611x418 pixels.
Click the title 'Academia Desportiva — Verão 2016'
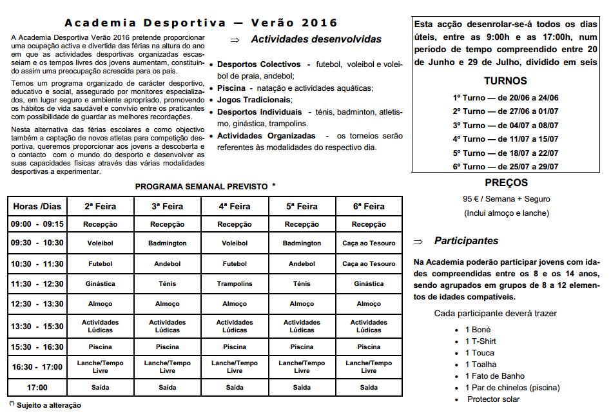tap(201, 23)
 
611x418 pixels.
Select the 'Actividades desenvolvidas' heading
tap(316, 39)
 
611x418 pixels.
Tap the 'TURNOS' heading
tap(505, 81)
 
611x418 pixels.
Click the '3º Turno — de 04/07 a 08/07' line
tap(505, 126)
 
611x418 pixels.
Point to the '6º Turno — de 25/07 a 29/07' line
tap(505, 166)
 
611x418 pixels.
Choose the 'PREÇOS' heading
tap(505, 183)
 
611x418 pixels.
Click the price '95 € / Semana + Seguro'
tap(505, 199)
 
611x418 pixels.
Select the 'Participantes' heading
tap(466, 241)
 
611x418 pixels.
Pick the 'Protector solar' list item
tap(493, 399)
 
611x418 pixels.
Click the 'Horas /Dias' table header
tap(37, 207)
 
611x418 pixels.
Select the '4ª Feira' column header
tap(235, 207)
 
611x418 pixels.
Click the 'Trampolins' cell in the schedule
tap(235, 284)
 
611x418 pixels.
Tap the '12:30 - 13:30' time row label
tap(37, 304)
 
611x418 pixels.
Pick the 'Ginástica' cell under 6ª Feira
tap(369, 284)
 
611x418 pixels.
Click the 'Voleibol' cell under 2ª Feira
tap(101, 243)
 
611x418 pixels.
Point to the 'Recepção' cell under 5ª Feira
tap(302, 225)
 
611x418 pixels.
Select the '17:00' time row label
tap(37, 388)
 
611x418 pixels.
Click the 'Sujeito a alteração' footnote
tap(48, 406)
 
